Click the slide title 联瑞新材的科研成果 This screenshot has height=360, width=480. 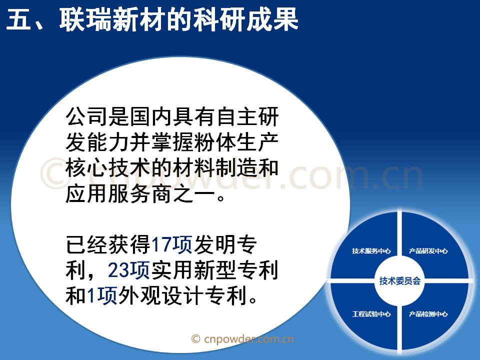coord(179,19)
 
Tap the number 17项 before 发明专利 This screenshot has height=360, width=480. coord(171,244)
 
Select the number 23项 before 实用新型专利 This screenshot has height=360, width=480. coord(128,270)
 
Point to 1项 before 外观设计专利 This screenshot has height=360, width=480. coord(102,295)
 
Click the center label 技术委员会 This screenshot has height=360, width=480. coord(400,280)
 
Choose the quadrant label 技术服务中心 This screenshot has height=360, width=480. coord(371,251)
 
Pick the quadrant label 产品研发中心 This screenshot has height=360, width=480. coord(428,251)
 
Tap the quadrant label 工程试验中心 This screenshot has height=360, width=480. coord(371,314)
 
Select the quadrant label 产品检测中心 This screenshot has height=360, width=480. coord(428,314)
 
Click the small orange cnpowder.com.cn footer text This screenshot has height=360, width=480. coord(242,339)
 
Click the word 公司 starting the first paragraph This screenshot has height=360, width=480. coord(86,116)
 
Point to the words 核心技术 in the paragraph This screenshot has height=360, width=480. coord(108,168)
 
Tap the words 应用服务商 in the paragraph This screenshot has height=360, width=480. coord(118,194)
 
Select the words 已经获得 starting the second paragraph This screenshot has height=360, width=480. coord(108,244)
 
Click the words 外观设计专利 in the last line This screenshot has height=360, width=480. coord(182,295)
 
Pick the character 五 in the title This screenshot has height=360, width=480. coord(18,19)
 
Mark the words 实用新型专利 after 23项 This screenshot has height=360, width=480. coord(214,270)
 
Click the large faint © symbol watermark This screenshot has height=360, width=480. coord(55,173)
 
